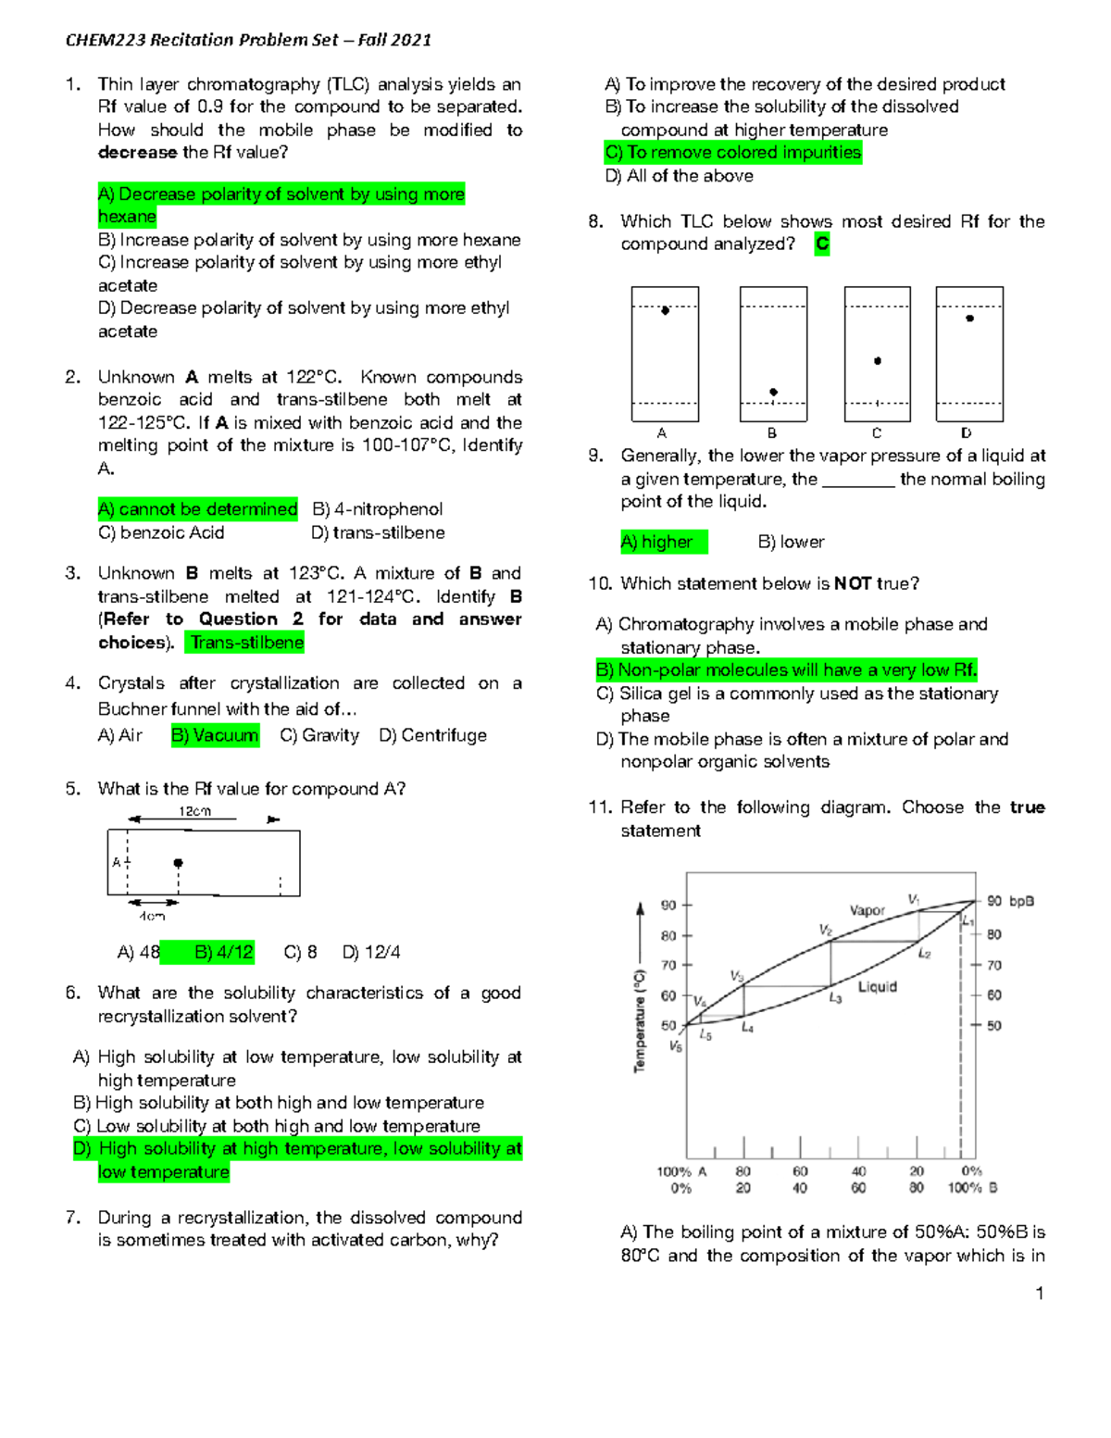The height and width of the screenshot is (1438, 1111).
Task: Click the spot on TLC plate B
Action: click(773, 392)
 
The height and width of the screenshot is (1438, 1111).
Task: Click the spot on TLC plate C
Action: click(878, 361)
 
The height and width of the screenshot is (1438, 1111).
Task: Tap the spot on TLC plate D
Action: click(969, 319)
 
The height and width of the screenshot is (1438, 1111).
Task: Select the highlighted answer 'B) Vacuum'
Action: click(215, 735)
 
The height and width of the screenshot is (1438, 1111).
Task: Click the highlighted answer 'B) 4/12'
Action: click(223, 952)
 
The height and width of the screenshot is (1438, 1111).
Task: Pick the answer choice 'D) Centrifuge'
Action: click(432, 735)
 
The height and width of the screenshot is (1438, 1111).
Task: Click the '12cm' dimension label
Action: click(194, 811)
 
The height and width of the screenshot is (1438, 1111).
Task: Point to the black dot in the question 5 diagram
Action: click(178, 863)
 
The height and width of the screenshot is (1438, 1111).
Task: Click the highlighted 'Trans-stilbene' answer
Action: click(246, 643)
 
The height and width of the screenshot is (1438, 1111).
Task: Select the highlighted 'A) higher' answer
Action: click(663, 542)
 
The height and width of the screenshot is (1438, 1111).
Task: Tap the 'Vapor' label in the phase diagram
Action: click(867, 910)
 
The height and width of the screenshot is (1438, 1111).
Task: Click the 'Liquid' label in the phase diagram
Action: click(877, 987)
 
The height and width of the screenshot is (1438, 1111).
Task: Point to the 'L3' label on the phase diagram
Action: click(835, 998)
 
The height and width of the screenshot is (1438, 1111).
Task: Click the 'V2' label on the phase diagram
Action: click(825, 930)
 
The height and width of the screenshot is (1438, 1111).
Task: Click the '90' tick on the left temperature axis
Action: click(668, 905)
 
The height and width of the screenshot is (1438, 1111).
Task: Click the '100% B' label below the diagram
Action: click(972, 1188)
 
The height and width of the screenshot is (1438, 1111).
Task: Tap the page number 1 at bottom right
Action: click(1040, 1294)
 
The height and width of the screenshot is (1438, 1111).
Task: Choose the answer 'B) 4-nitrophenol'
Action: click(377, 509)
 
